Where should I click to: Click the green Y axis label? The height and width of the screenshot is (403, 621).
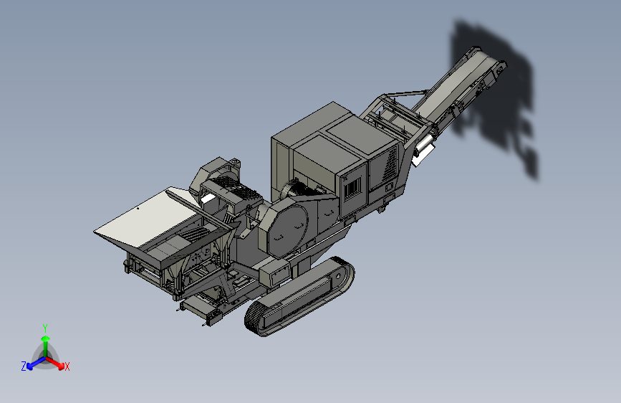coord(45,328)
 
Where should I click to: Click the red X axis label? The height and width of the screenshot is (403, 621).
coord(67,366)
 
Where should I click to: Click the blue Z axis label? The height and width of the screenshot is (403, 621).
coord(24,366)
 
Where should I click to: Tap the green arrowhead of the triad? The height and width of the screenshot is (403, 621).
coord(46,338)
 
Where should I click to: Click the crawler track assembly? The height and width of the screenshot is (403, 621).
coord(299,296)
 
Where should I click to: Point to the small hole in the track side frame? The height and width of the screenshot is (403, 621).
coord(338,275)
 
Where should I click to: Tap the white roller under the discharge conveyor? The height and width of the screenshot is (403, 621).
coord(424,146)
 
